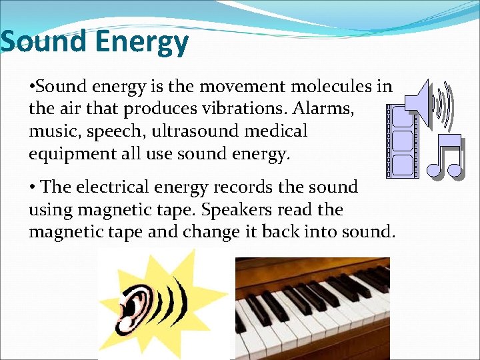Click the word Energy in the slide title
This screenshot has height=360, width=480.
point(142,43)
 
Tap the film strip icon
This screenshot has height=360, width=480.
point(403,141)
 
